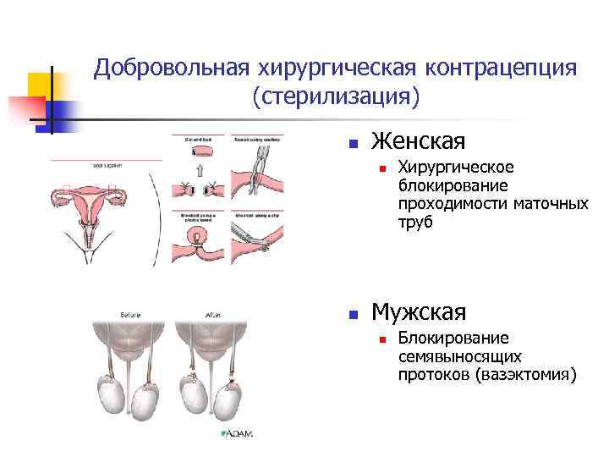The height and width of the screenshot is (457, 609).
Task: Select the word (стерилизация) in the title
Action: point(335,97)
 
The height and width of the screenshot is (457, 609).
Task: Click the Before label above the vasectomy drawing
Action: point(130,314)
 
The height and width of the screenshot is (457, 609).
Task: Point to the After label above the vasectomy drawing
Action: point(211,314)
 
